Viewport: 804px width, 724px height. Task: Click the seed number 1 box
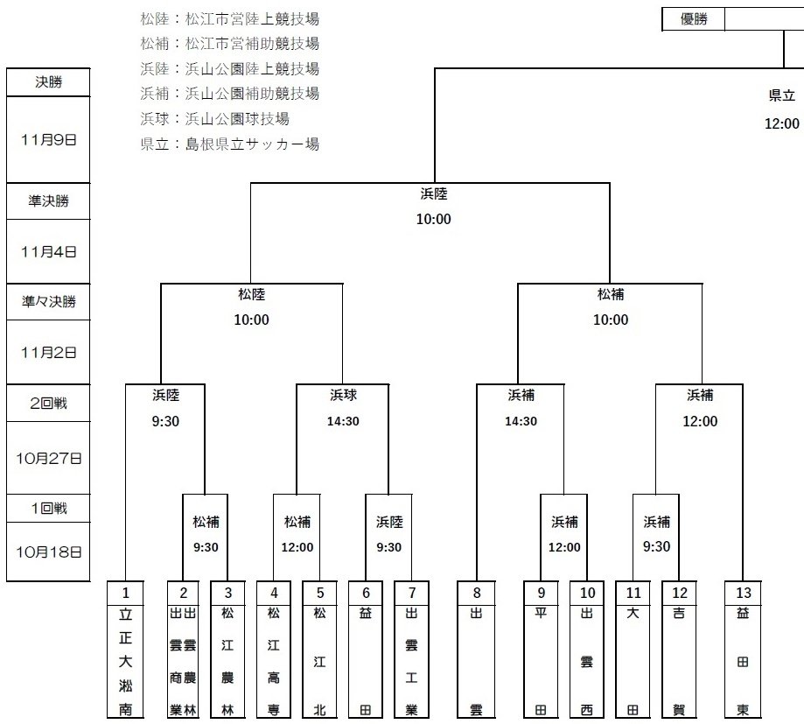coord(125,593)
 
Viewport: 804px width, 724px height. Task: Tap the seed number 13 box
coord(743,593)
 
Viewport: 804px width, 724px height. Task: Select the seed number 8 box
coord(477,593)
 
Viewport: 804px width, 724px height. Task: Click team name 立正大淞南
coord(125,661)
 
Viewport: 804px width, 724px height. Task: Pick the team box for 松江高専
coord(274,661)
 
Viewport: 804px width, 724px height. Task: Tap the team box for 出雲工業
coord(411,661)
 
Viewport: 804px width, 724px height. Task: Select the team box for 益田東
coord(743,661)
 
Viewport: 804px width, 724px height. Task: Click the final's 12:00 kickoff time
coord(781,123)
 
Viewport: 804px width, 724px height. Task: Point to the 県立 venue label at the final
coord(781,95)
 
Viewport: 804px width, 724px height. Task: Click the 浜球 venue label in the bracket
coord(343,395)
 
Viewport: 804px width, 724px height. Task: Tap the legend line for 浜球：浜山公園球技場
coord(214,118)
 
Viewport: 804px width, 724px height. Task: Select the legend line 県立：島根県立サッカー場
coord(229,144)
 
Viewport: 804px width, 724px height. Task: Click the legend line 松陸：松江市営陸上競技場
coord(229,18)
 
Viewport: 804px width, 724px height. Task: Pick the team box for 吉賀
coord(679,661)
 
